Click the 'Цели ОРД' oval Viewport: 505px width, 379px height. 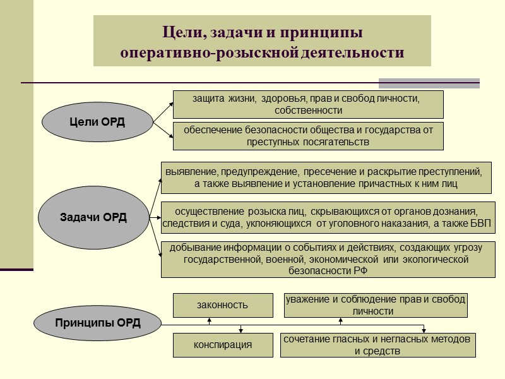[x=97, y=122]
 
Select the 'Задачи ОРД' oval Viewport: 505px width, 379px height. [x=93, y=218]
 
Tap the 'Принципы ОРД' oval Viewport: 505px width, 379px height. [x=98, y=323]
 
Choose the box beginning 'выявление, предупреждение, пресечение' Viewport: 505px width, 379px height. [x=326, y=177]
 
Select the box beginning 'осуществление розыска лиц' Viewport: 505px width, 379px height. [x=328, y=218]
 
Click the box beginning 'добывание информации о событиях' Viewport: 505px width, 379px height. [x=328, y=260]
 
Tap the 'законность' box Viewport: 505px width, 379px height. [x=223, y=305]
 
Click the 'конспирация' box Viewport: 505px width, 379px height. [x=223, y=345]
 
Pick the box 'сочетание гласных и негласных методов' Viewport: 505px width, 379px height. [x=377, y=345]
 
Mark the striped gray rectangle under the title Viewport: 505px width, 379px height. [x=429, y=83]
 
